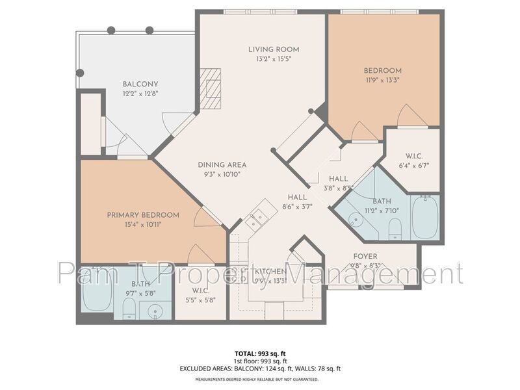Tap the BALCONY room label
tap(140, 84)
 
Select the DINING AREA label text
tap(222, 164)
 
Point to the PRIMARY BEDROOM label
tap(143, 215)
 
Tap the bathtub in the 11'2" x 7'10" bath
tap(425, 217)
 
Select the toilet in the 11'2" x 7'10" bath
tap(394, 229)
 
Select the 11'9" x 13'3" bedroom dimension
tap(382, 81)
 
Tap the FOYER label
tap(365, 256)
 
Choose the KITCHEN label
tap(270, 271)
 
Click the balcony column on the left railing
tap(80, 73)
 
